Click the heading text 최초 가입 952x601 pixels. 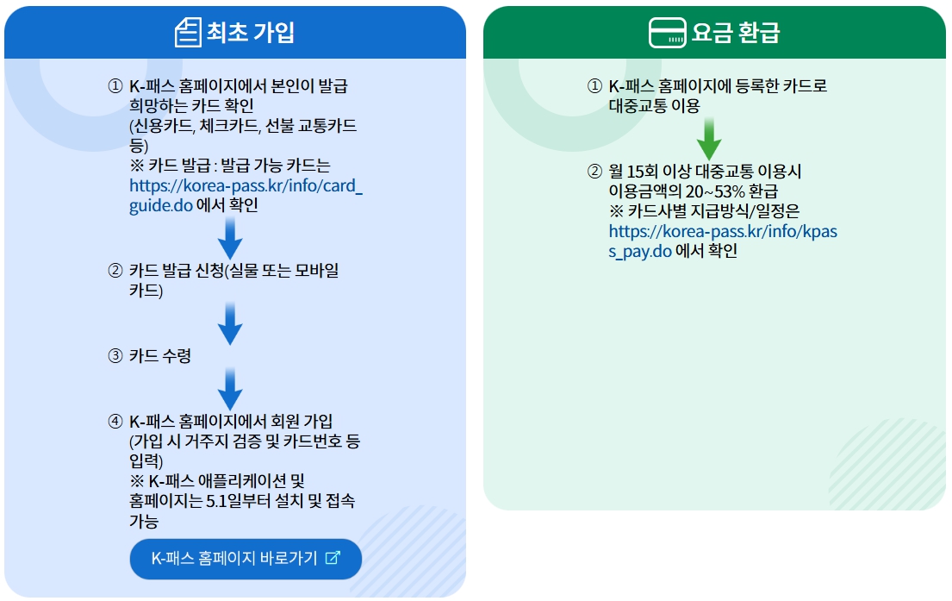pos(251,33)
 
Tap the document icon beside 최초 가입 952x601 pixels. pos(187,33)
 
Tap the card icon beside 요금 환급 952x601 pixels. pos(667,33)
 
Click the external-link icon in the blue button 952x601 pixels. pos(333,557)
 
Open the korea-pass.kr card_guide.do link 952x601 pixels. pos(246,195)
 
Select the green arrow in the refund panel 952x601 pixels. pos(708,138)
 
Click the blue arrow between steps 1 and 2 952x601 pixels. pos(230,237)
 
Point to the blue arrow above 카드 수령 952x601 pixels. pos(230,323)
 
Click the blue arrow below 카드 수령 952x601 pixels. pos(230,389)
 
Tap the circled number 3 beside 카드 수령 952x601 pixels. pos(115,355)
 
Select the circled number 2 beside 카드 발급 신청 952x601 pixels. pos(115,271)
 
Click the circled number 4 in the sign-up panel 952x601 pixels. pos(115,421)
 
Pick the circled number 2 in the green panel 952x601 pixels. pos(594,172)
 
